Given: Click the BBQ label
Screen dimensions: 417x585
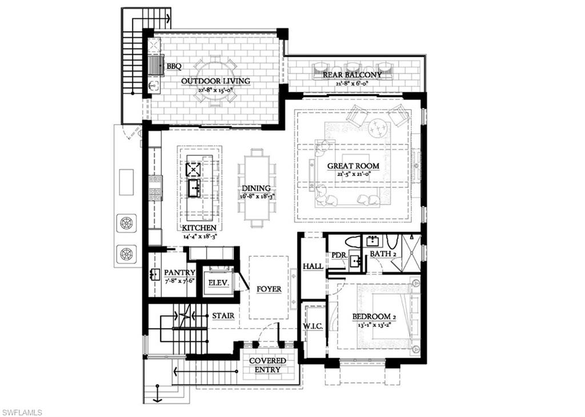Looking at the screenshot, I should point(174,66).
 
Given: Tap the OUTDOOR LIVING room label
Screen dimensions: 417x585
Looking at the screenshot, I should point(215,81).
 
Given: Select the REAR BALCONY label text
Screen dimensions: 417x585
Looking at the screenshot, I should point(352,75).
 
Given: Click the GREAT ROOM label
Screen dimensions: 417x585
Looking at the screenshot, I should point(353,166).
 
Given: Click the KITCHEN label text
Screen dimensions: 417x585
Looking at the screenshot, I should point(199,227).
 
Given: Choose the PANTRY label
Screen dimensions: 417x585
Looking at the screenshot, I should point(179,272).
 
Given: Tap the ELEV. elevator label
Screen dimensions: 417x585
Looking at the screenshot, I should point(219,283).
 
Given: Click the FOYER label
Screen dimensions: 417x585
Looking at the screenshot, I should point(269,289).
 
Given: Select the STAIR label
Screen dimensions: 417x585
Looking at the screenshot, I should point(223,315).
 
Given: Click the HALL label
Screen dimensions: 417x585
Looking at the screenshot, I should point(313,266).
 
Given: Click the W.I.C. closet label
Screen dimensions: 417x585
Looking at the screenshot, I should point(314,326).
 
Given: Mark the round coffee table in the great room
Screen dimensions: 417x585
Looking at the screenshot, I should point(377,128).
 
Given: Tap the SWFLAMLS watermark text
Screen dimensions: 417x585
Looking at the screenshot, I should point(21,412).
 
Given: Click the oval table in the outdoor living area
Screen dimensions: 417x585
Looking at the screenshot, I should point(215,80).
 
